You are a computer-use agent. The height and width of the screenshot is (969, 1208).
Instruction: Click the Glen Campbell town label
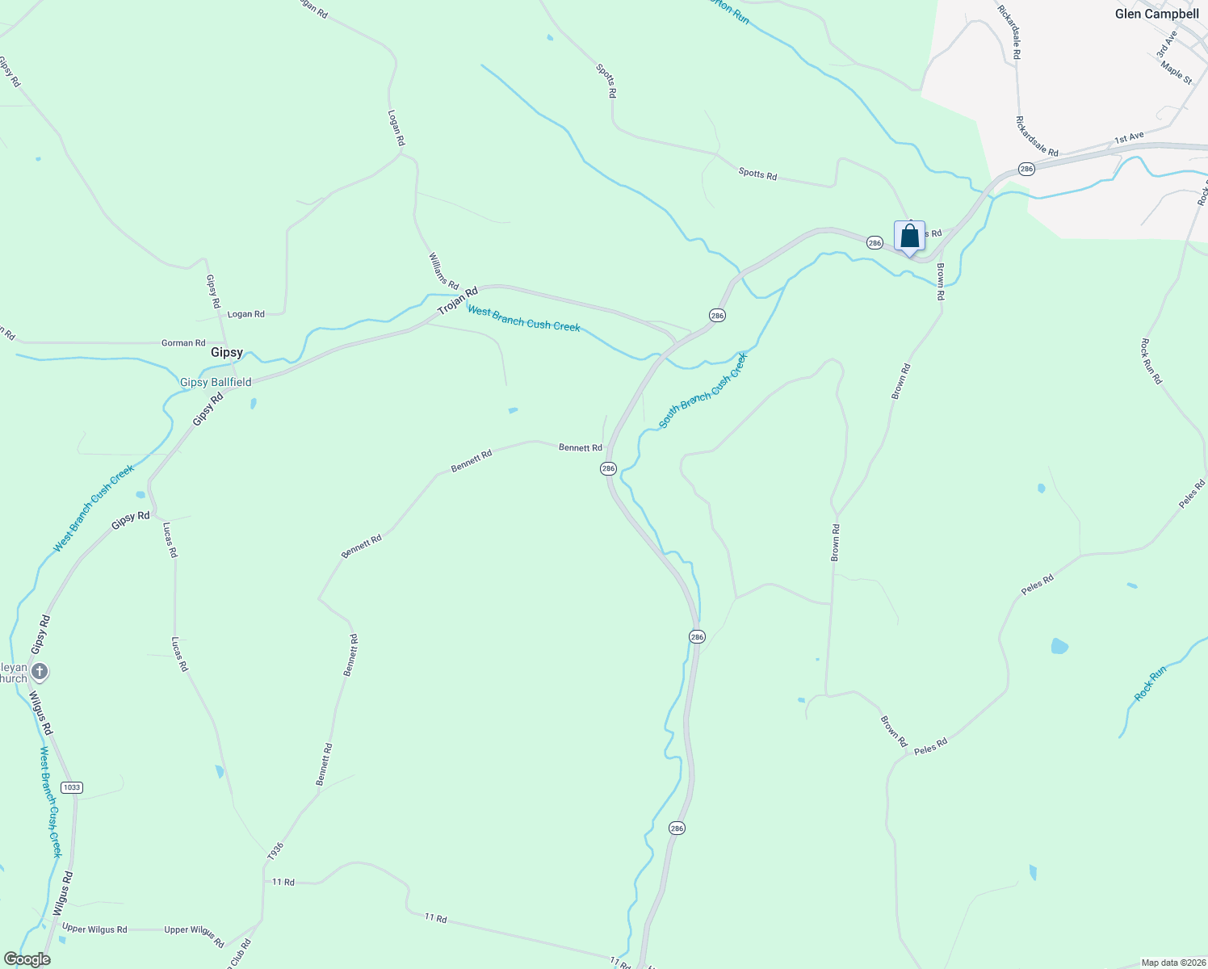[x=1156, y=14]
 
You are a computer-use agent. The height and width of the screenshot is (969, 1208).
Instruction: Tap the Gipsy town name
[x=227, y=353]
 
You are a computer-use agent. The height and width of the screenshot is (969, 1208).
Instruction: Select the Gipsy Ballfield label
[x=216, y=382]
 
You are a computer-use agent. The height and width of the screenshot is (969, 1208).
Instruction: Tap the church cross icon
[x=40, y=671]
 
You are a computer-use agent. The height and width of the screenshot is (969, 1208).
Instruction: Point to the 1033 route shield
[x=72, y=787]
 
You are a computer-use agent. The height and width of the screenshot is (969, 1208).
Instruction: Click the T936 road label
[x=275, y=850]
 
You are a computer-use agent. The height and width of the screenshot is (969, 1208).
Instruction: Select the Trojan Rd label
[x=458, y=301]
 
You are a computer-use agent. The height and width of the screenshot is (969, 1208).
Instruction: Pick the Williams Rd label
[x=443, y=271]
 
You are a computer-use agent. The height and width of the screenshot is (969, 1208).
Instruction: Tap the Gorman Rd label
[x=183, y=343]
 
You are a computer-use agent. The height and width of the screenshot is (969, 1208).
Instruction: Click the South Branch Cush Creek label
[x=703, y=390]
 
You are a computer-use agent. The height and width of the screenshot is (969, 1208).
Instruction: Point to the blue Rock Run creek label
[x=1151, y=683]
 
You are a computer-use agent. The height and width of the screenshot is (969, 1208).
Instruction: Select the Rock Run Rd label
[x=1151, y=361]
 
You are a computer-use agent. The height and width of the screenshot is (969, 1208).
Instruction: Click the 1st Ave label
[x=1129, y=138]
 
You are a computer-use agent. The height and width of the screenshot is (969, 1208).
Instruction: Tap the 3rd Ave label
[x=1166, y=44]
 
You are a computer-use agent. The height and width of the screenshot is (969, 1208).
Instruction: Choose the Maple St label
[x=1177, y=73]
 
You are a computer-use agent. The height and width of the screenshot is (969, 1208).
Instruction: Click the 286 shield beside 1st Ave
[x=1026, y=169]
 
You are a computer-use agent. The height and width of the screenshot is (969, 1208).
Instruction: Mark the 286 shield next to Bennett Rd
[x=608, y=468]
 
